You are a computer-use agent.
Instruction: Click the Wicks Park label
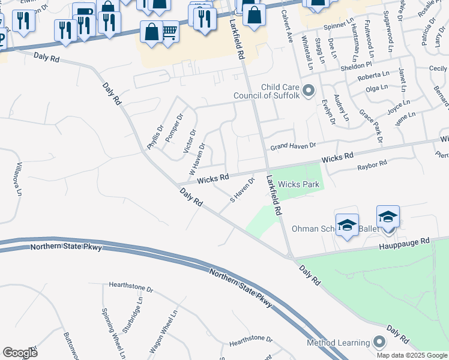click(x=298, y=184)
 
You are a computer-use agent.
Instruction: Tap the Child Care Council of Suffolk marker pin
click(x=309, y=91)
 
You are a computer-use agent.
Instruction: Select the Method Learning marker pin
click(x=379, y=342)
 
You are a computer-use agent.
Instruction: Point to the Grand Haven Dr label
click(x=293, y=146)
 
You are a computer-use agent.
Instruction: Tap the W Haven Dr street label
click(x=197, y=158)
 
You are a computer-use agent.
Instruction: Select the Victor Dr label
click(x=190, y=140)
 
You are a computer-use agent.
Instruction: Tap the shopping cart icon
click(x=170, y=31)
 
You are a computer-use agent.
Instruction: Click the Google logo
click(x=20, y=353)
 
